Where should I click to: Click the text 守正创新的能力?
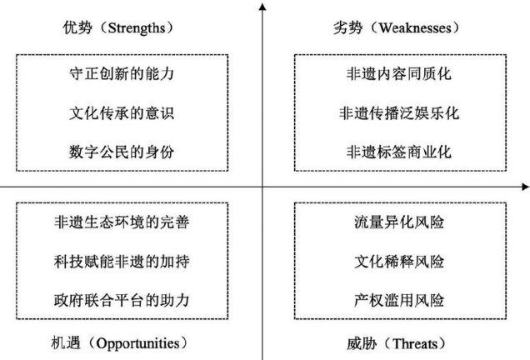coord(122,73)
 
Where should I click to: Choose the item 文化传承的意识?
coord(122,112)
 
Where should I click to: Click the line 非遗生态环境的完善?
coord(122,222)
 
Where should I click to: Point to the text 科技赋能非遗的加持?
coord(122,260)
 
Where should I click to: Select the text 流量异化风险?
coord(397,222)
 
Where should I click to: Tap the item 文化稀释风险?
coord(397,260)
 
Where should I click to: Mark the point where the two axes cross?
coord(263,185)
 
